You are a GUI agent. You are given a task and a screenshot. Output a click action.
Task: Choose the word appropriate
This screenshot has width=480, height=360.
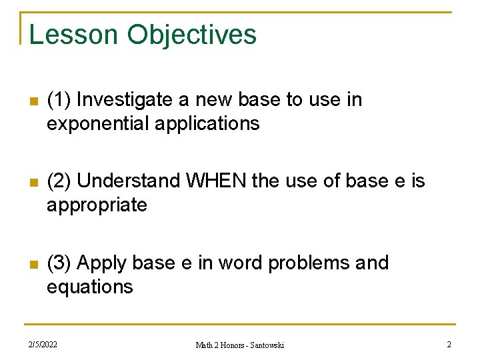click(x=97, y=205)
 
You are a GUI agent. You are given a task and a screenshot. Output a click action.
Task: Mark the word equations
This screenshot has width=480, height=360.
click(x=90, y=287)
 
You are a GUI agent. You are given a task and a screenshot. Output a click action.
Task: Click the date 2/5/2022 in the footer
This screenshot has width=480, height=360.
click(x=43, y=345)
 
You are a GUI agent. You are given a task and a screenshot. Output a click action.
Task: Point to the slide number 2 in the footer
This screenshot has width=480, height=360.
click(x=449, y=345)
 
